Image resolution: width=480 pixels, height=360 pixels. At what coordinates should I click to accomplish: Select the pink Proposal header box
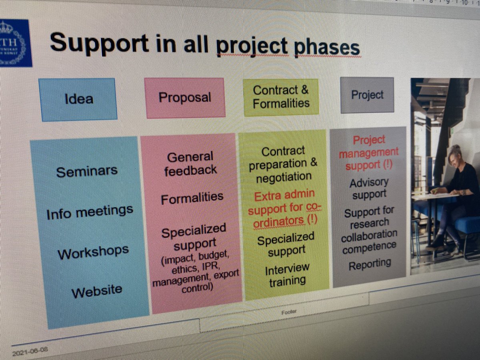(x=185, y=98)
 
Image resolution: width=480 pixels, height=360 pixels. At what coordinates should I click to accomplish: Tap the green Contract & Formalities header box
(x=281, y=97)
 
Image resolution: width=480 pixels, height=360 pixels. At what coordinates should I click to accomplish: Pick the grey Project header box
(x=367, y=95)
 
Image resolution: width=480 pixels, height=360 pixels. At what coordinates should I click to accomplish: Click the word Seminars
(x=87, y=172)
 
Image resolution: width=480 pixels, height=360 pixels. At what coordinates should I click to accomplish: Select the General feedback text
(x=190, y=163)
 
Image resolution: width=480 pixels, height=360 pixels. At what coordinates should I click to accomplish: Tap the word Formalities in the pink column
(x=192, y=198)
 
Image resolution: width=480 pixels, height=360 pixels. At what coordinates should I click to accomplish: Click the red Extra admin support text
(x=284, y=208)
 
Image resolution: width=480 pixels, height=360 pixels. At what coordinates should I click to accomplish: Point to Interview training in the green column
(x=287, y=275)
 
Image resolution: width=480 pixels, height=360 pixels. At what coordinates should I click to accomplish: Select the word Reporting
(x=370, y=264)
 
